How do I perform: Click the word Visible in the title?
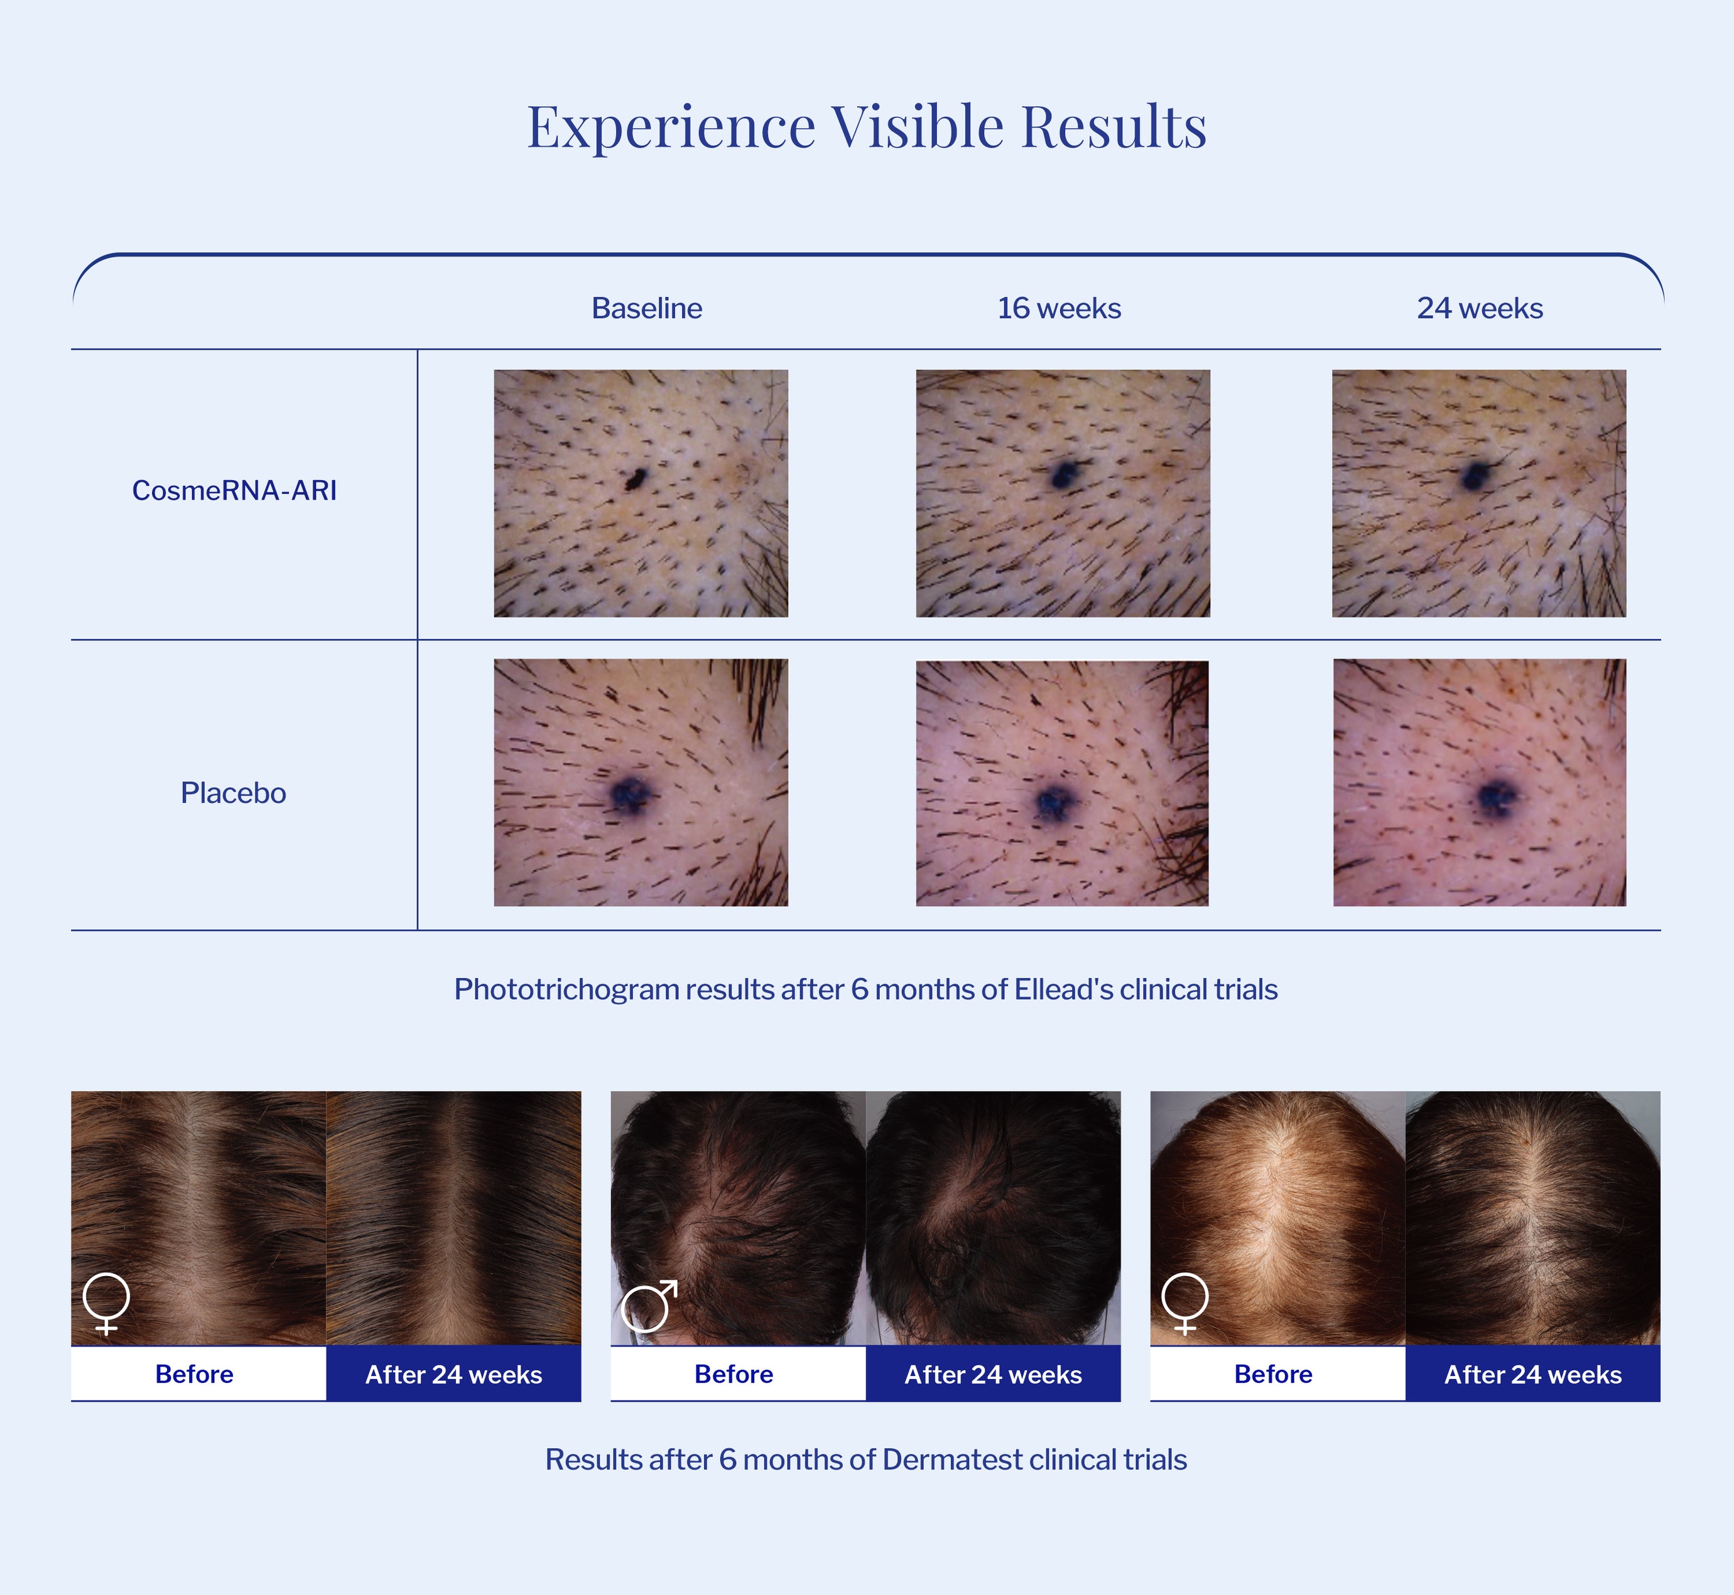point(918,127)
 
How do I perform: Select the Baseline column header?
point(647,308)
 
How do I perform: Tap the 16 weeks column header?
point(1059,308)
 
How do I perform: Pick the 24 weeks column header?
point(1480,308)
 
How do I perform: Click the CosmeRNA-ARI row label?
point(234,490)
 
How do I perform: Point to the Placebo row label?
point(233,792)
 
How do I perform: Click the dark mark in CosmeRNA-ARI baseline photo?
point(637,477)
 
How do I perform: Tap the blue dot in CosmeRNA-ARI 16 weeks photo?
point(1063,474)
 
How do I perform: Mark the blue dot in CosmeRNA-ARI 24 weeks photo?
point(1475,476)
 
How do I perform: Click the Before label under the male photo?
point(734,1374)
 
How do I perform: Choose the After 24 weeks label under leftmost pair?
point(453,1374)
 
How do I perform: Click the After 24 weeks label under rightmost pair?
point(1533,1374)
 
